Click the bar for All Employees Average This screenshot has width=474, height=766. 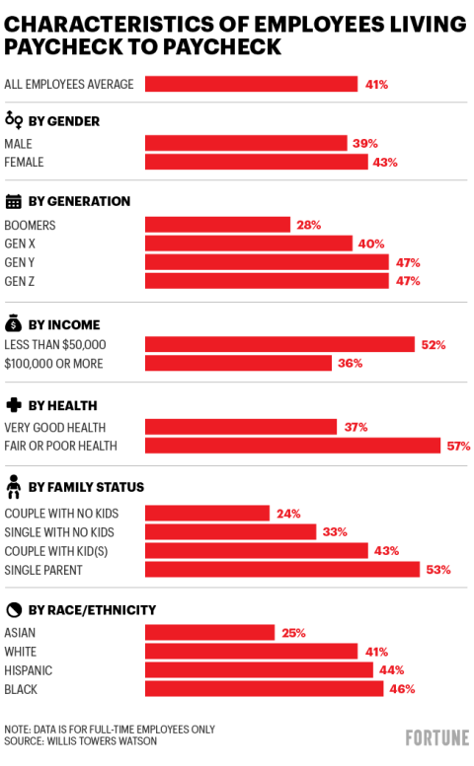pyautogui.click(x=251, y=84)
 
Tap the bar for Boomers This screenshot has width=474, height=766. pyautogui.click(x=217, y=225)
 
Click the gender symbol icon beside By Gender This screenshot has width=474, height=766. pyautogui.click(x=14, y=120)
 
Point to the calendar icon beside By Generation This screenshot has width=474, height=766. pyautogui.click(x=14, y=201)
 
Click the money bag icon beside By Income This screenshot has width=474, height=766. pyautogui.click(x=14, y=323)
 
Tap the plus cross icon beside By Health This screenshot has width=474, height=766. pyautogui.click(x=14, y=405)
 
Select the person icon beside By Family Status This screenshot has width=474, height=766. pyautogui.click(x=14, y=486)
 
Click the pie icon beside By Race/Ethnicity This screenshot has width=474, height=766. pyautogui.click(x=14, y=609)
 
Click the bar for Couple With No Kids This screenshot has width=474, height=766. pyautogui.click(x=207, y=513)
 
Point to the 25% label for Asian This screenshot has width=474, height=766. pyautogui.click(x=293, y=633)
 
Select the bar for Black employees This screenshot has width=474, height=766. pyautogui.click(x=264, y=689)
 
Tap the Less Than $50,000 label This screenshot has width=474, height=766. pyautogui.click(x=54, y=344)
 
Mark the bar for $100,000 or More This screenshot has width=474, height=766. pyautogui.click(x=238, y=363)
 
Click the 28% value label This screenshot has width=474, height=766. pyautogui.click(x=308, y=225)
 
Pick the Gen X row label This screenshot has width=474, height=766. pyautogui.click(x=21, y=244)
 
